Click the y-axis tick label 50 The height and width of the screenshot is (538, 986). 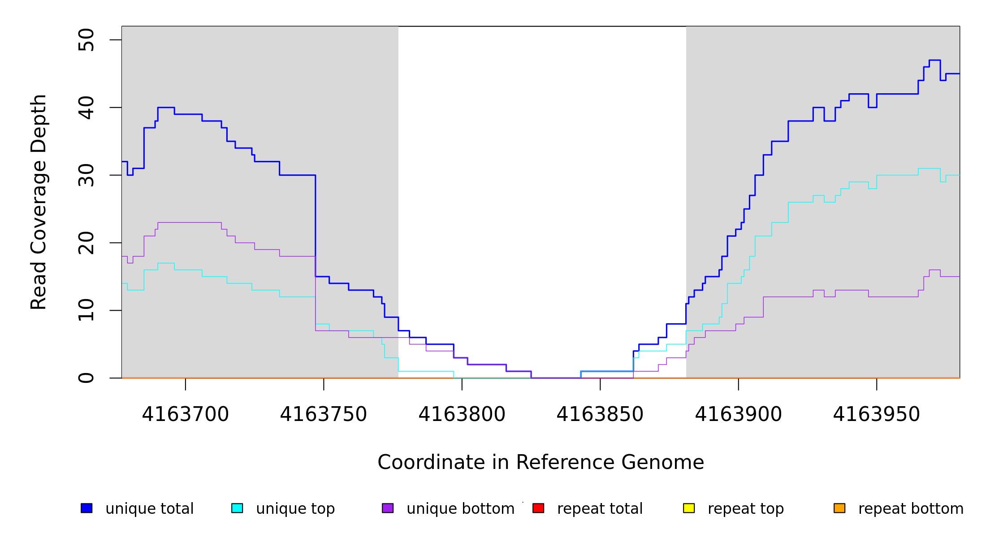click(86, 40)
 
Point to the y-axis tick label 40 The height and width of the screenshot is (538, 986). click(86, 108)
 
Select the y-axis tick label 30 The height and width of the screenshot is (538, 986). click(86, 175)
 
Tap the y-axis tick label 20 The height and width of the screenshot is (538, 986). click(86, 243)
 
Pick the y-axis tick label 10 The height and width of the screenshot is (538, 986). click(86, 310)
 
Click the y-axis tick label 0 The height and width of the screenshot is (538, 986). click(86, 378)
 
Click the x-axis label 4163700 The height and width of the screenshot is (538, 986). click(185, 415)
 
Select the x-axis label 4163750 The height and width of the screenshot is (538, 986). click(324, 415)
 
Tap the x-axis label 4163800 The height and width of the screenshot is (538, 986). click(462, 415)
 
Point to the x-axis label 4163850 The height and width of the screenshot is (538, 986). click(600, 415)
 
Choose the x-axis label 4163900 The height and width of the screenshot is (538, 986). click(738, 415)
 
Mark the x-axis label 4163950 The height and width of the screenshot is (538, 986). click(876, 415)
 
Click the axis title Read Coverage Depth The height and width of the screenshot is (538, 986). click(39, 202)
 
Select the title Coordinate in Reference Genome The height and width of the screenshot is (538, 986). click(541, 463)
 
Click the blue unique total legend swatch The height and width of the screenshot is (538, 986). click(86, 508)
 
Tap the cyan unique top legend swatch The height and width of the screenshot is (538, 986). click(237, 508)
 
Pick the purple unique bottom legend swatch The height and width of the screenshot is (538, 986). click(388, 508)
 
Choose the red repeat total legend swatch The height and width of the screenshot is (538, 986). click(538, 508)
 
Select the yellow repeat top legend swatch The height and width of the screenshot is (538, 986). click(689, 508)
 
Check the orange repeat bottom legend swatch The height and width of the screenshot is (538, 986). click(839, 508)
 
